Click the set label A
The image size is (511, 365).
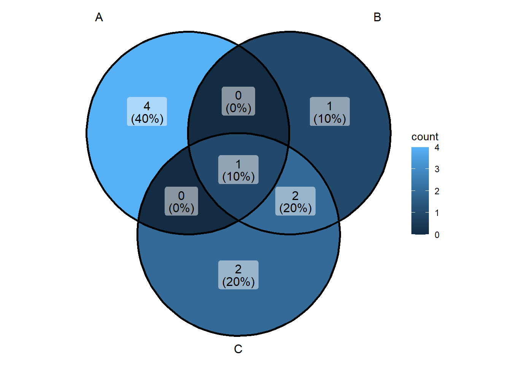99,17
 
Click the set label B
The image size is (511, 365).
377,17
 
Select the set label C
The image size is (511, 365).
238,349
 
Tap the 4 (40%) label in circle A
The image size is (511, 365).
147,111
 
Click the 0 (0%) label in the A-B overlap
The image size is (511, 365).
238,101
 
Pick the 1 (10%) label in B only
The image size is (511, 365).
330,111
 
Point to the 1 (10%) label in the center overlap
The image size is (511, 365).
238,170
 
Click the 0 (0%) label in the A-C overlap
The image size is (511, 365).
181,201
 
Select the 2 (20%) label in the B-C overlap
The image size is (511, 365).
295,201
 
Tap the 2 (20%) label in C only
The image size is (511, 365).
238,275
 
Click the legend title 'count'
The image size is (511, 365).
425,137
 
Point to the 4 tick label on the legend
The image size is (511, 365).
437,148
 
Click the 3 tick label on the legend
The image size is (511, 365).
437,169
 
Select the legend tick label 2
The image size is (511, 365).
437,191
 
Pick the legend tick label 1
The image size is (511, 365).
437,213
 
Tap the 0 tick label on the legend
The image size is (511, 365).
437,235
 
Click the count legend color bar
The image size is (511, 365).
420,191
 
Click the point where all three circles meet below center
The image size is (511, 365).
239,221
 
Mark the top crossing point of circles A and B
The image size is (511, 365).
239,45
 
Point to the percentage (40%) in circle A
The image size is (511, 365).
147,119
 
